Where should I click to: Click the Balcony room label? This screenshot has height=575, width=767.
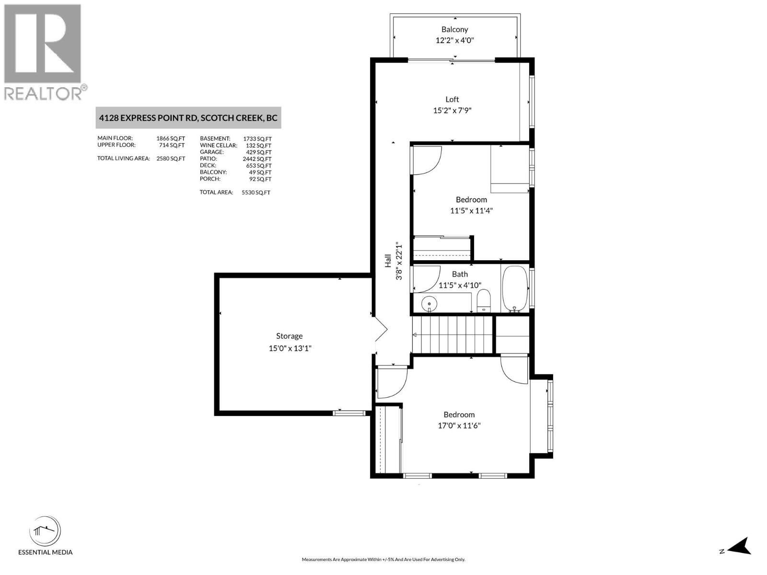454,30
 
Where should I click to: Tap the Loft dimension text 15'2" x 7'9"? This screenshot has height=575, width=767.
452,110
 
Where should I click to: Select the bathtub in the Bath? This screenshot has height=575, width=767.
514,289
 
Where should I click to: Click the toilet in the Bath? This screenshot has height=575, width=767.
484,300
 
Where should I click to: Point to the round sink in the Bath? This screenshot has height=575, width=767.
430,303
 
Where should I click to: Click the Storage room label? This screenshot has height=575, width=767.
289,336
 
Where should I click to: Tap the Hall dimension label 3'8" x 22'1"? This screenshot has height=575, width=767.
399,261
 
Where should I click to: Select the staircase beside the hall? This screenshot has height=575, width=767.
453,334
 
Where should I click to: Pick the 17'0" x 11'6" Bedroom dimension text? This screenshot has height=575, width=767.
459,425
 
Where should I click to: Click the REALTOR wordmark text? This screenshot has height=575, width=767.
43,93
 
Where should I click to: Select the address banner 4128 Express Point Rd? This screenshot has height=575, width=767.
188,118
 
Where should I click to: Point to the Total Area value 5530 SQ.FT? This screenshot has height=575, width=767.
256,192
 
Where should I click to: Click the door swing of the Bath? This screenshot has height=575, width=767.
426,279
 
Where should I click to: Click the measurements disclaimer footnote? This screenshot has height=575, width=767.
383,559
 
